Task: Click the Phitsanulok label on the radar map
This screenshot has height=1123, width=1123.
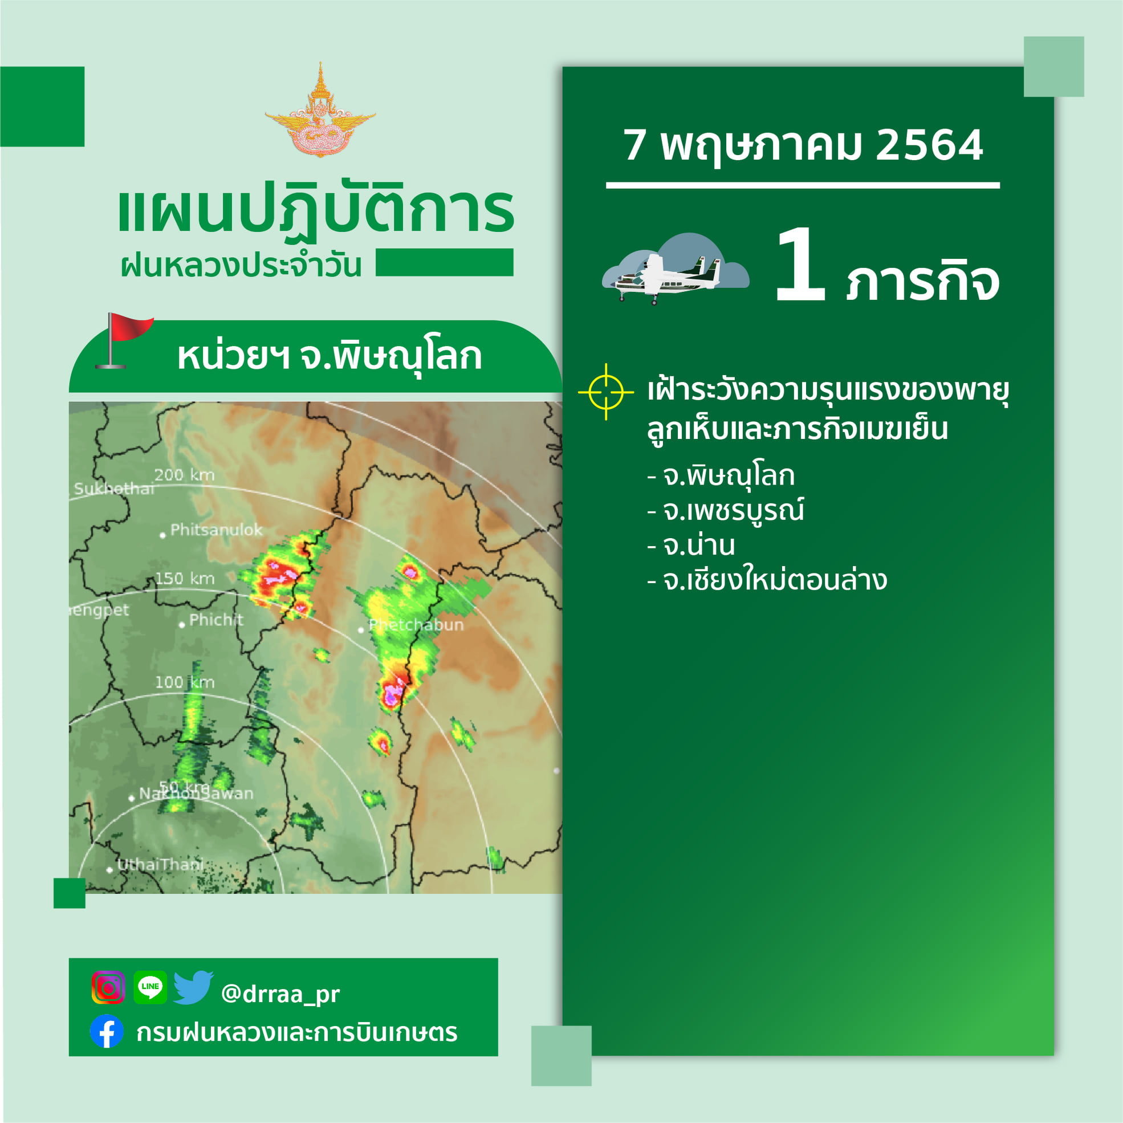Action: coord(216,530)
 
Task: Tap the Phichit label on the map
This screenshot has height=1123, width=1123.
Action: coord(216,620)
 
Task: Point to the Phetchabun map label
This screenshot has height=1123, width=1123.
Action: coord(416,625)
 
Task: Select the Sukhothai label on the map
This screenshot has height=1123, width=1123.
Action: coord(114,489)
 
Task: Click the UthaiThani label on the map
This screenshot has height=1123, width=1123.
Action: coord(160,864)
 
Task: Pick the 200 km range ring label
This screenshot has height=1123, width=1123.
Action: coord(184,475)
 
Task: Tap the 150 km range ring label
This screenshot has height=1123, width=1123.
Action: coord(184,579)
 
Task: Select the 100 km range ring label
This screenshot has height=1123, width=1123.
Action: coord(184,682)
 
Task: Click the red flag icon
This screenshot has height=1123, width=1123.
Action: coord(124,341)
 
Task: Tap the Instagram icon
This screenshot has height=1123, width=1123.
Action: coord(108,987)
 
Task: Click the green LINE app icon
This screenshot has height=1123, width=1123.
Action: coord(150,987)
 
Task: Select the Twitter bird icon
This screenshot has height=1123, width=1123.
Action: coord(193,987)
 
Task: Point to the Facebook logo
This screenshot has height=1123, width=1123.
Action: coord(107,1031)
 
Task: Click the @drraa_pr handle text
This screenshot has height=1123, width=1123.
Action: coord(280,994)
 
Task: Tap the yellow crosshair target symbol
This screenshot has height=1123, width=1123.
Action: coord(605,392)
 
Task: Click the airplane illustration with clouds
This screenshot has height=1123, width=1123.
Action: coord(676,268)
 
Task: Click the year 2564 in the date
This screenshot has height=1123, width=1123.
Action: coord(929,145)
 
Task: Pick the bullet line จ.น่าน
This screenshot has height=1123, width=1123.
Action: coord(691,545)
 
